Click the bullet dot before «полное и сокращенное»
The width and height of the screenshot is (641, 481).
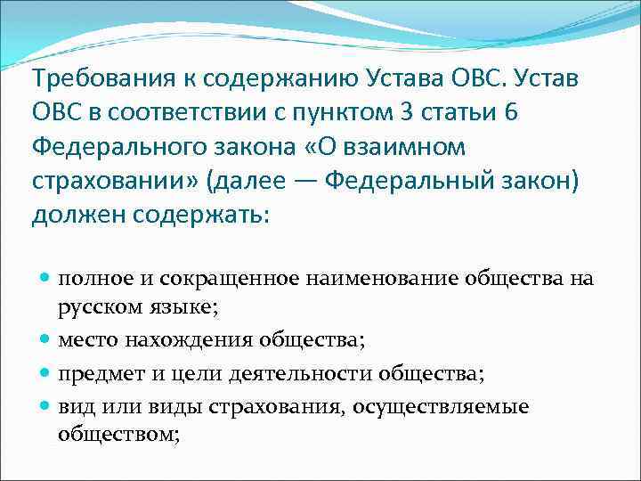click(45, 280)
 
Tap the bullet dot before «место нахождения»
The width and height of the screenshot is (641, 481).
click(45, 338)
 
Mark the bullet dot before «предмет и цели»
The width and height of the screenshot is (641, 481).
click(45, 373)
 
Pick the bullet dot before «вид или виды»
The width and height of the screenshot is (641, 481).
click(45, 407)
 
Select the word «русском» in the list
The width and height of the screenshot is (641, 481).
click(96, 308)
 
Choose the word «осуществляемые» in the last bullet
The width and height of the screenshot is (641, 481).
click(440, 407)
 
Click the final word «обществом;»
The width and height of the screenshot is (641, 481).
click(118, 436)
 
